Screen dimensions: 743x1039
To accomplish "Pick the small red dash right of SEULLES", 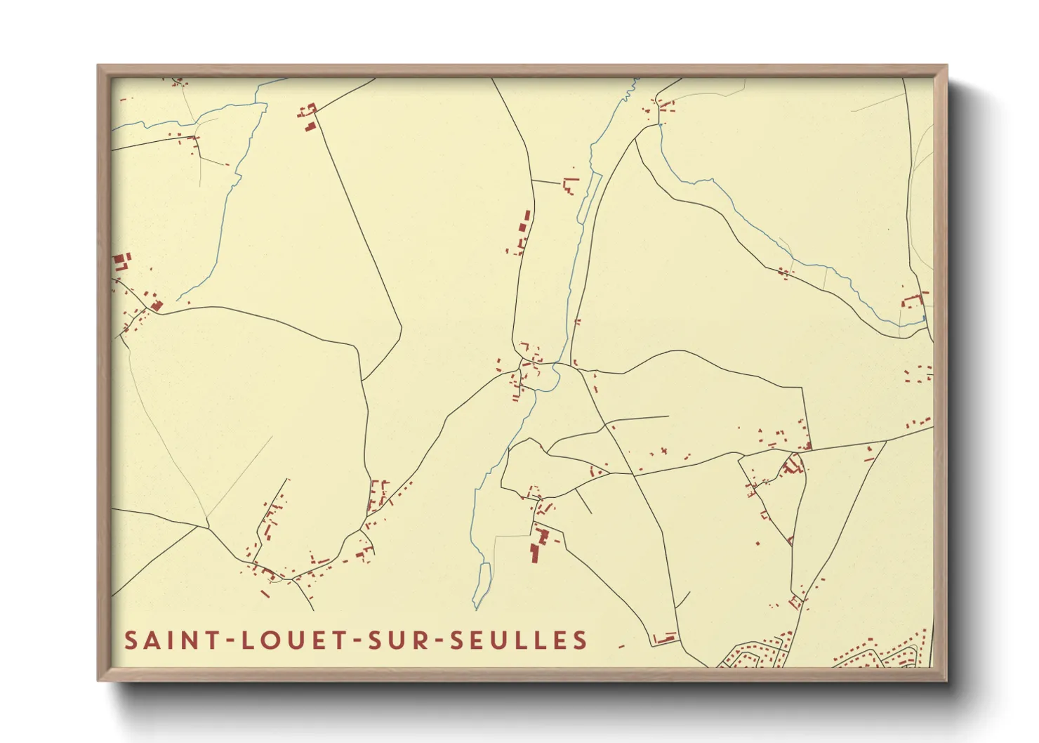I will coord(621,645).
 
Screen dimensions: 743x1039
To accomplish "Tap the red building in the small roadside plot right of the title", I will coord(665,638).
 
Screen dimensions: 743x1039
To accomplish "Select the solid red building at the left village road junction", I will coord(157,305).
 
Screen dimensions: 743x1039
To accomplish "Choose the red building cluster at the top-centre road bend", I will coord(308,117).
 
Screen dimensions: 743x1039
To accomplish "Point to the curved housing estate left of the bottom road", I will coord(758,652).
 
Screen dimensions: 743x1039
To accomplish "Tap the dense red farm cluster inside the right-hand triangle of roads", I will coord(793,465).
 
